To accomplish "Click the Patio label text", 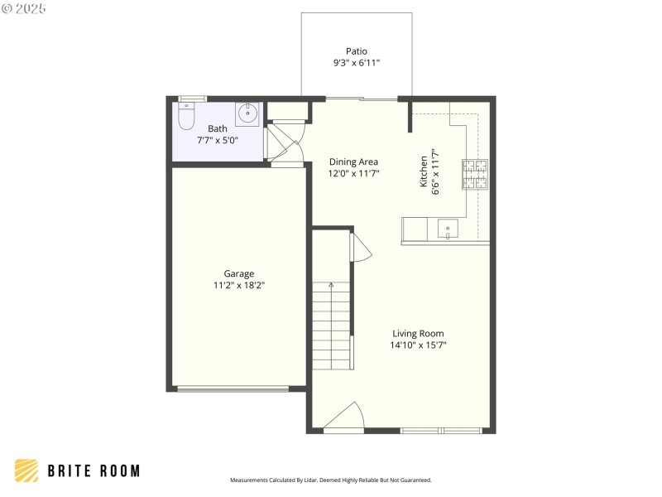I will (356, 51).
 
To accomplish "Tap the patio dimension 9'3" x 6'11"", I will (356, 63).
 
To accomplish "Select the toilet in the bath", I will (186, 119).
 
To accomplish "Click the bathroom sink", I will (247, 113).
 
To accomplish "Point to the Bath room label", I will (217, 128).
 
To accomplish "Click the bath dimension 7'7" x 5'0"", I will (217, 140).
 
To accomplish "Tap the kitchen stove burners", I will (475, 174).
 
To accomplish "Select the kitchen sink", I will (448, 229).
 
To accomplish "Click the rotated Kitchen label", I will (424, 171).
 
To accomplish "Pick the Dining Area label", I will (353, 162).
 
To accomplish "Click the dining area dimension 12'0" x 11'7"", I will (353, 173).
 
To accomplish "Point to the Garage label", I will (239, 273).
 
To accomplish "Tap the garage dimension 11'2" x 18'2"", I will (239, 285).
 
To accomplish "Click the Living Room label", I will (418, 334).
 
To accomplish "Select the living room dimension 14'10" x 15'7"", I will (418, 345).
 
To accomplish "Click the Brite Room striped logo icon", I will (26, 470).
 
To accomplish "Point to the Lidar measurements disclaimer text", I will (330, 480).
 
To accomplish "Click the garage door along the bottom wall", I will (233, 388).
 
